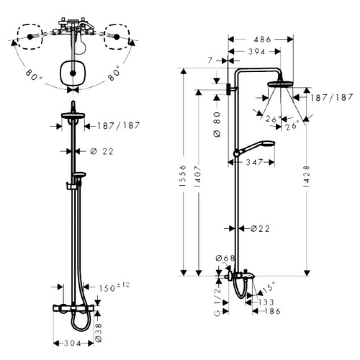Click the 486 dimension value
(262, 40)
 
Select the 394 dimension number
(256, 52)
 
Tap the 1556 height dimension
(183, 175)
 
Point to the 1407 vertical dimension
(198, 176)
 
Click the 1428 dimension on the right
(306, 176)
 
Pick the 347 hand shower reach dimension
(254, 162)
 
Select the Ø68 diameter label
(225, 258)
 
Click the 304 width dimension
(72, 343)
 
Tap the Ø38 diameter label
(98, 333)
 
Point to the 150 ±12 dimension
(114, 287)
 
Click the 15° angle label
(269, 287)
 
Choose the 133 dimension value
(266, 302)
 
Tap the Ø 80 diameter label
(217, 125)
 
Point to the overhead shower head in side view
(280, 84)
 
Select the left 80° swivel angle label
(33, 75)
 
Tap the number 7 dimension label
(210, 61)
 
